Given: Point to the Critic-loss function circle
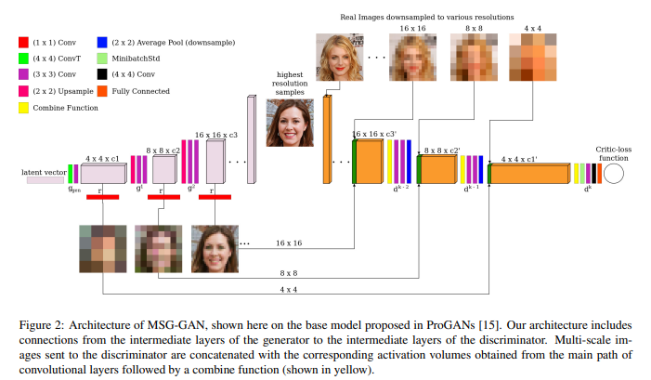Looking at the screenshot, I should (614, 173).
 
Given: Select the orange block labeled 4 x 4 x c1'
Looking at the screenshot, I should (529, 174).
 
